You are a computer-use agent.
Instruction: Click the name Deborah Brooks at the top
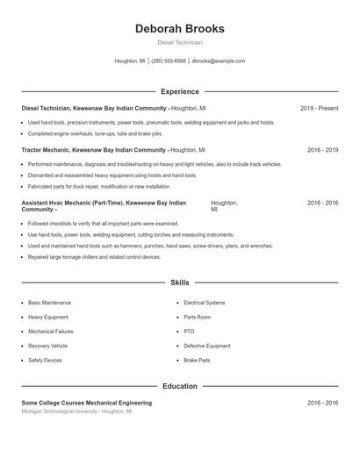coord(179,28)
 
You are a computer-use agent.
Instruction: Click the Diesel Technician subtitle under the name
coord(179,42)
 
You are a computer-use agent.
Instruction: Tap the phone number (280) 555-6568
coord(169,61)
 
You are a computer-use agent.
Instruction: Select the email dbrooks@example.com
coord(218,61)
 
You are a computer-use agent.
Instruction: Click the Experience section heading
coord(179,91)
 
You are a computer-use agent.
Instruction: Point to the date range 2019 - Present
coord(319,108)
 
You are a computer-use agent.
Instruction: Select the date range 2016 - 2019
coord(322,150)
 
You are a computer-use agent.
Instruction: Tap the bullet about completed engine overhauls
coord(95,134)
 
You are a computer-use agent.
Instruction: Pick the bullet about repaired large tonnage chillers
coord(94,257)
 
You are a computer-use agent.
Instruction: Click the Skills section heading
coord(179,283)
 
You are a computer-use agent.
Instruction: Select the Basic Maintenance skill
coord(50,303)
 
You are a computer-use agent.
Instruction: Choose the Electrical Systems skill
coord(205,303)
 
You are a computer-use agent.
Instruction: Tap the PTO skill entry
coord(189,332)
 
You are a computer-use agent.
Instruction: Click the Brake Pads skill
coord(197,361)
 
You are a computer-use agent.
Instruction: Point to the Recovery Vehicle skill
coord(48,346)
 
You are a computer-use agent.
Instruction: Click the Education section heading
coord(179,386)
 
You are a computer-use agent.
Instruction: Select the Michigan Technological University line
coord(74,411)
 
